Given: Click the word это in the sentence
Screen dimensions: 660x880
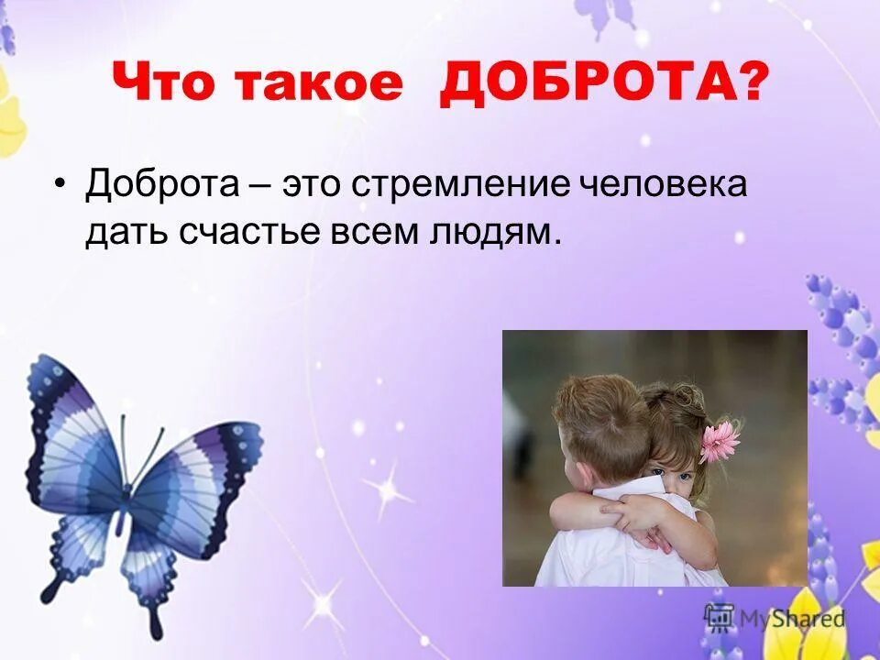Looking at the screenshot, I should tap(316, 186).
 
